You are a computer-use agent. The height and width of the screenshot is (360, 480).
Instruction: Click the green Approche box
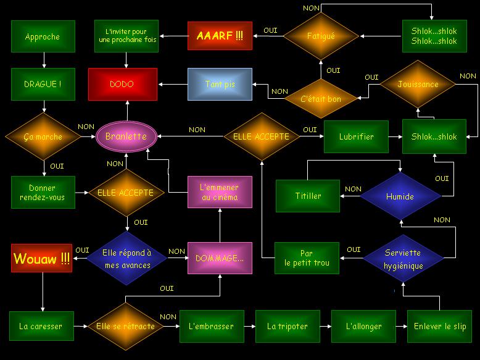[43, 36]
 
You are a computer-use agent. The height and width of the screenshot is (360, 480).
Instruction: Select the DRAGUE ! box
[43, 84]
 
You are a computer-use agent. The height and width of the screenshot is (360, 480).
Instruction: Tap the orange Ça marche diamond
[43, 136]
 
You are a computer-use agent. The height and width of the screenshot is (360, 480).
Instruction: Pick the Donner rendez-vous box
[43, 193]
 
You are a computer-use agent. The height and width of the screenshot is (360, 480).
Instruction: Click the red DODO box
[123, 84]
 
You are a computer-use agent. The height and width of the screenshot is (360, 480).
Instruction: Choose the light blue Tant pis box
[220, 84]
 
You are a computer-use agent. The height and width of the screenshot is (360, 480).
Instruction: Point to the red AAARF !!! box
[220, 36]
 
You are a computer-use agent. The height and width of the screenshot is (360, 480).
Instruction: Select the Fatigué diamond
[321, 36]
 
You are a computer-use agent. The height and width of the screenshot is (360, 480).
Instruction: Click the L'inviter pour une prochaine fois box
[126, 36]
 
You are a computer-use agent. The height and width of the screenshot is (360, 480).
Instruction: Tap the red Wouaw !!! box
[41, 258]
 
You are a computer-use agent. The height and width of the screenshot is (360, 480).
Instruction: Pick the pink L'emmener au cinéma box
[220, 192]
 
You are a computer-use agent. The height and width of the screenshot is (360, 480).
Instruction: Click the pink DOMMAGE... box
[220, 258]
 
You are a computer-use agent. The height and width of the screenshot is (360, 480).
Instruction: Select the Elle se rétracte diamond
[125, 326]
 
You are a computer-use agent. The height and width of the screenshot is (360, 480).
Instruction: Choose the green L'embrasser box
[212, 326]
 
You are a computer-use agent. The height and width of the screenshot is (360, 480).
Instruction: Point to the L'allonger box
[363, 326]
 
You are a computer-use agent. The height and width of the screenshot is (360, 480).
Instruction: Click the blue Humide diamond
[400, 196]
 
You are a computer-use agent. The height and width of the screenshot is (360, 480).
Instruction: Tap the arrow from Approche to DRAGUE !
[44, 60]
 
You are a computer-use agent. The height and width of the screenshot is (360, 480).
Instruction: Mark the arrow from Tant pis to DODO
[173, 84]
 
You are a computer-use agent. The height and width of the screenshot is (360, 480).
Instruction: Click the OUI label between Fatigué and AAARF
[271, 30]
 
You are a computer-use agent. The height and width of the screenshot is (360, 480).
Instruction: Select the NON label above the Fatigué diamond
[312, 8]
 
